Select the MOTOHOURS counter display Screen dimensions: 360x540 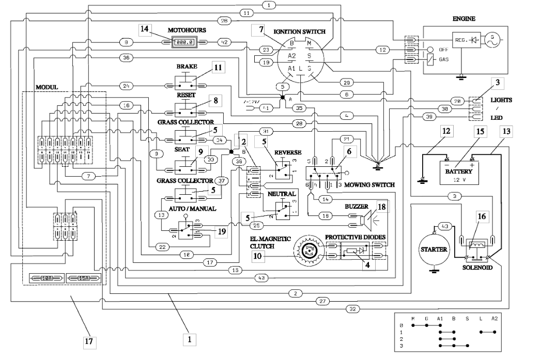[185, 42]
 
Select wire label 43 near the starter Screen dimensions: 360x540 [444, 226]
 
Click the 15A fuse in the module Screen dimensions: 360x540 [81, 278]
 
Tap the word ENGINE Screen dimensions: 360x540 [464, 19]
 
